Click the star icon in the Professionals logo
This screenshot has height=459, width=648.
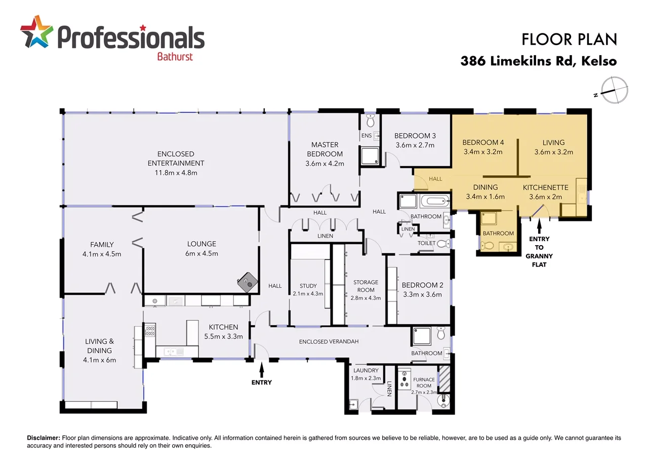[36, 31]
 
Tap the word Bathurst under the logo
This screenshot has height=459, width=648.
[174, 56]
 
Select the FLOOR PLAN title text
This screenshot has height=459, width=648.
[569, 39]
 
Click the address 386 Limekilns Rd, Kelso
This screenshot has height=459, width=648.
[539, 61]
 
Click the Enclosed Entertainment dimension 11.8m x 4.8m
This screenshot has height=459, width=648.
[176, 172]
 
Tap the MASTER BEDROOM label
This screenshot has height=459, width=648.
[325, 149]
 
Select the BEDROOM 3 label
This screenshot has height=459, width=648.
[415, 136]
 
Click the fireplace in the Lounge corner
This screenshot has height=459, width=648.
[248, 282]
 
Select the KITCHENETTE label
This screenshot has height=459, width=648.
[545, 187]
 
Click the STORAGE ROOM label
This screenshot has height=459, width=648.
[366, 286]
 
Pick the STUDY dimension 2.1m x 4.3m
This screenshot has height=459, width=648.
[308, 293]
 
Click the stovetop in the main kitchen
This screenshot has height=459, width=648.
[150, 331]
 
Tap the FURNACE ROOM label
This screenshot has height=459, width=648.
[424, 382]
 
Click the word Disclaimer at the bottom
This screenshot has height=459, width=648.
[43, 438]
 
